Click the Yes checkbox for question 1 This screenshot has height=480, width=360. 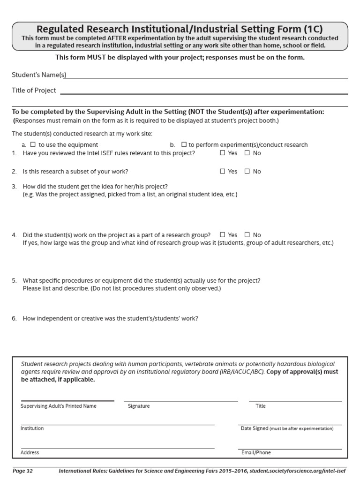click(223, 153)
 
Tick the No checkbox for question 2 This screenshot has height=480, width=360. click(247, 172)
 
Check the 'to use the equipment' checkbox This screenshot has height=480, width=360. click(33, 145)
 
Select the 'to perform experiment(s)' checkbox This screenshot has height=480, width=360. click(184, 145)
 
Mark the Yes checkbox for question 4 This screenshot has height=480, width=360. click(223, 235)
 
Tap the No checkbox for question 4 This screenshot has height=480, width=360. click(247, 235)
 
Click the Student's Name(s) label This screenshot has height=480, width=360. click(39, 75)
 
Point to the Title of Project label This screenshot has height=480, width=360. click(34, 90)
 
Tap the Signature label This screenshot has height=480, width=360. click(139, 406)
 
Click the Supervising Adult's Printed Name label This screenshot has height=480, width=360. click(59, 406)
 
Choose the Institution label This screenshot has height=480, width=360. click(32, 428)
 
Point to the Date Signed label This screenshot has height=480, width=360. click(255, 428)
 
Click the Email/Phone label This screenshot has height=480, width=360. click(255, 453)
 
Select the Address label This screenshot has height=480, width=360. click(30, 453)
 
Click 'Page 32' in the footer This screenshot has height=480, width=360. click(22, 470)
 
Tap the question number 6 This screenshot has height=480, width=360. click(15, 319)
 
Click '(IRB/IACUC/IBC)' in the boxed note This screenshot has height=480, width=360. click(240, 372)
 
